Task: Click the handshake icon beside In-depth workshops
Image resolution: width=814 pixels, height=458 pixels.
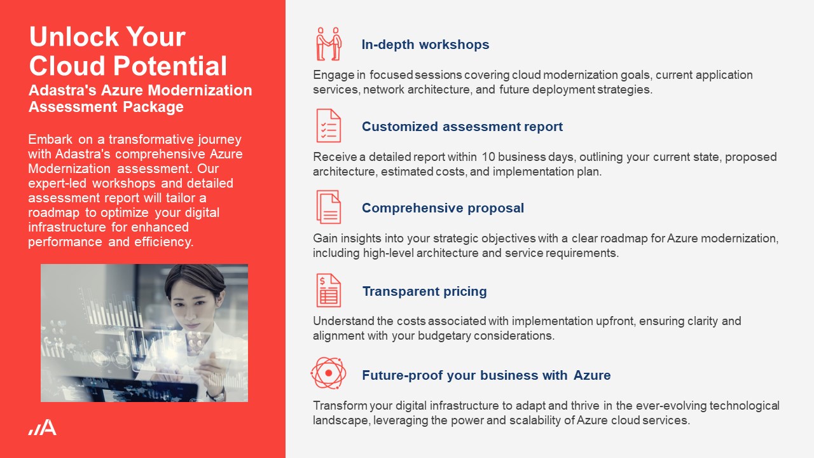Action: point(329,44)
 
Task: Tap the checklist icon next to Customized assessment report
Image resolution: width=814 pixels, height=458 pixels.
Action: point(329,125)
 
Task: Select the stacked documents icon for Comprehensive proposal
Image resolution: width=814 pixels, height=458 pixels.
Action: point(329,207)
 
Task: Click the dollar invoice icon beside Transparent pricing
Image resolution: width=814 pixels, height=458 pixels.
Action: point(329,291)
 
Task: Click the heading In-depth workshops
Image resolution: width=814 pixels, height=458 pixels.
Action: point(425,45)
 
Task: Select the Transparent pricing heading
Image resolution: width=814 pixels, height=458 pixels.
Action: point(424,291)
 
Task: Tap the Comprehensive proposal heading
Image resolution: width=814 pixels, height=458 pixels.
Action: point(443,208)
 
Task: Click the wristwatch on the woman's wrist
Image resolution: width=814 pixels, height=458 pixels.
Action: point(217,395)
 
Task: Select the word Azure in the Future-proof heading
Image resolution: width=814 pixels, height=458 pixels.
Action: point(592,375)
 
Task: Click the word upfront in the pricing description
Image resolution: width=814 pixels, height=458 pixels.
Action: point(616,321)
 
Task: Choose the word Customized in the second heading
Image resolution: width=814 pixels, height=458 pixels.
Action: point(400,127)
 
